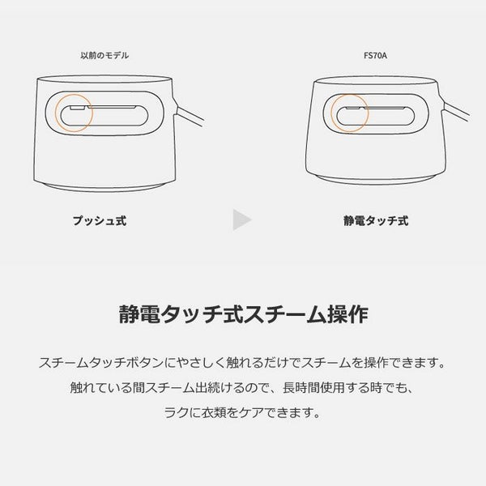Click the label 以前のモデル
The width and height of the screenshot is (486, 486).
[104, 55]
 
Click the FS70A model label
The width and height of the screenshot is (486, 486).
[375, 55]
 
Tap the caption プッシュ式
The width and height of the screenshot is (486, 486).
[100, 220]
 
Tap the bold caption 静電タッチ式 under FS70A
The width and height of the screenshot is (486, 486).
[376, 220]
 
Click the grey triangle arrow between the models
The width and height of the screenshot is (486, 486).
[241, 220]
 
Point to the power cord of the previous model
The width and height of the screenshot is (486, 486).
[190, 114]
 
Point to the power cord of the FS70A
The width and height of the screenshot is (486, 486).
[456, 110]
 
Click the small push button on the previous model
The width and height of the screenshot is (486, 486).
[78, 108]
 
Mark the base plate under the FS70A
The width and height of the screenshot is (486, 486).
[375, 180]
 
